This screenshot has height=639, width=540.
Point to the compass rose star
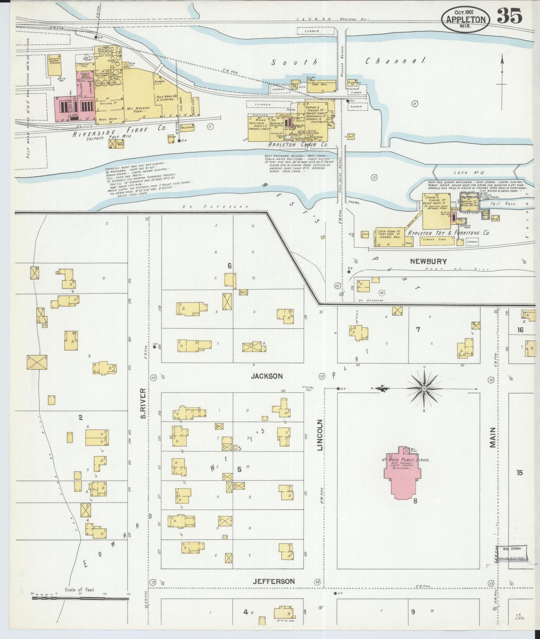coord(424,389)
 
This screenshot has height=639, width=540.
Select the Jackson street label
coord(267,376)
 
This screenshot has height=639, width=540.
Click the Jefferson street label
coord(273,581)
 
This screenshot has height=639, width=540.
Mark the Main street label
coord(493,437)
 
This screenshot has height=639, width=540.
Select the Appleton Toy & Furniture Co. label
coord(448,233)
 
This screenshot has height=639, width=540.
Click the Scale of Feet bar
coord(80,598)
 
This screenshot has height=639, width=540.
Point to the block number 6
coord(230,266)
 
